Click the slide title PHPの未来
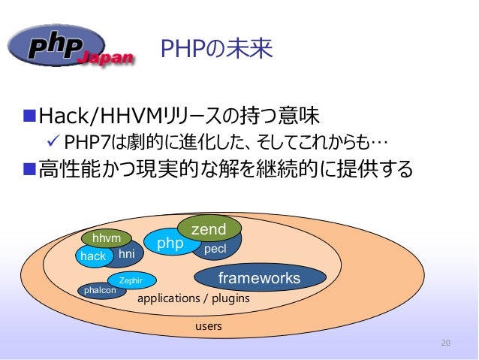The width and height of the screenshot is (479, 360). (216, 50)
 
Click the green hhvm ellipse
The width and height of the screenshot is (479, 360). (107, 238)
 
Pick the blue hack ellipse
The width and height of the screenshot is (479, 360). (93, 256)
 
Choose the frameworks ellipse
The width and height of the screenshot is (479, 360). (259, 279)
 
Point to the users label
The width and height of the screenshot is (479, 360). (209, 327)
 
